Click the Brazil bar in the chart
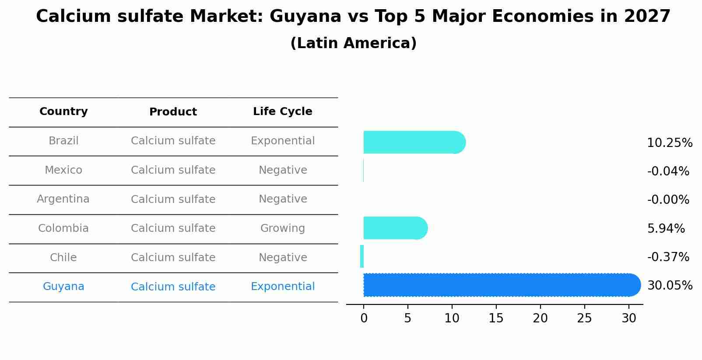[x=414, y=142]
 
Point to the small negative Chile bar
[x=362, y=256]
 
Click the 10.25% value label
[x=669, y=143]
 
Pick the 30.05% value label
[x=669, y=286]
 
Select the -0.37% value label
[x=668, y=257]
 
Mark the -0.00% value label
[x=668, y=200]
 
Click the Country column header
[x=63, y=112]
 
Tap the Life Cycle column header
[x=282, y=112]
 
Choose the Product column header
[x=173, y=112]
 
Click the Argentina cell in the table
[x=63, y=199]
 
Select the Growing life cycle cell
[x=282, y=228]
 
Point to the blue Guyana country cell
[x=63, y=287]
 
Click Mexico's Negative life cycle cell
[x=282, y=170]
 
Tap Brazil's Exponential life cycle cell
[x=282, y=141]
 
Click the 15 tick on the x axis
[x=496, y=318]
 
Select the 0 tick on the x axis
[x=364, y=318]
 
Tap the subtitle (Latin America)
[x=353, y=43]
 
